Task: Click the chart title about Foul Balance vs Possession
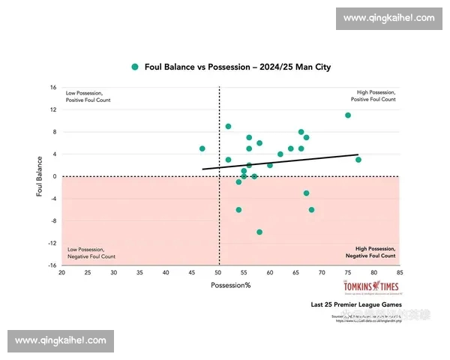(x=237, y=67)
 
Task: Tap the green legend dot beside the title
(x=135, y=67)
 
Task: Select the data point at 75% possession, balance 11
(x=348, y=115)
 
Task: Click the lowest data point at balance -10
(x=259, y=232)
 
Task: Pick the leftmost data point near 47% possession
(x=202, y=148)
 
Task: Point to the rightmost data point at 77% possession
(x=358, y=160)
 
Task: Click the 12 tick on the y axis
(x=54, y=109)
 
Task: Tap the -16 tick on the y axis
(x=52, y=265)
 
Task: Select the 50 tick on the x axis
(x=218, y=274)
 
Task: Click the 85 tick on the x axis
(x=400, y=274)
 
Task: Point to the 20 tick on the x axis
(x=61, y=274)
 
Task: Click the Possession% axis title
(x=230, y=286)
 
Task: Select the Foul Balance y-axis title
(x=39, y=176)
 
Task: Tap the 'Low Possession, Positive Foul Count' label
(x=88, y=96)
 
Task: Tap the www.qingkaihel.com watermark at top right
(x=389, y=18)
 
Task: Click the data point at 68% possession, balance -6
(x=312, y=209)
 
